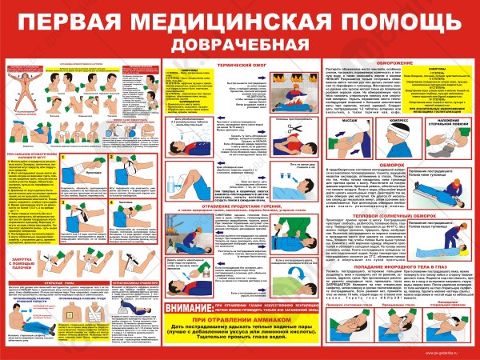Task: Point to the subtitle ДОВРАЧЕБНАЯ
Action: [240, 42]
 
